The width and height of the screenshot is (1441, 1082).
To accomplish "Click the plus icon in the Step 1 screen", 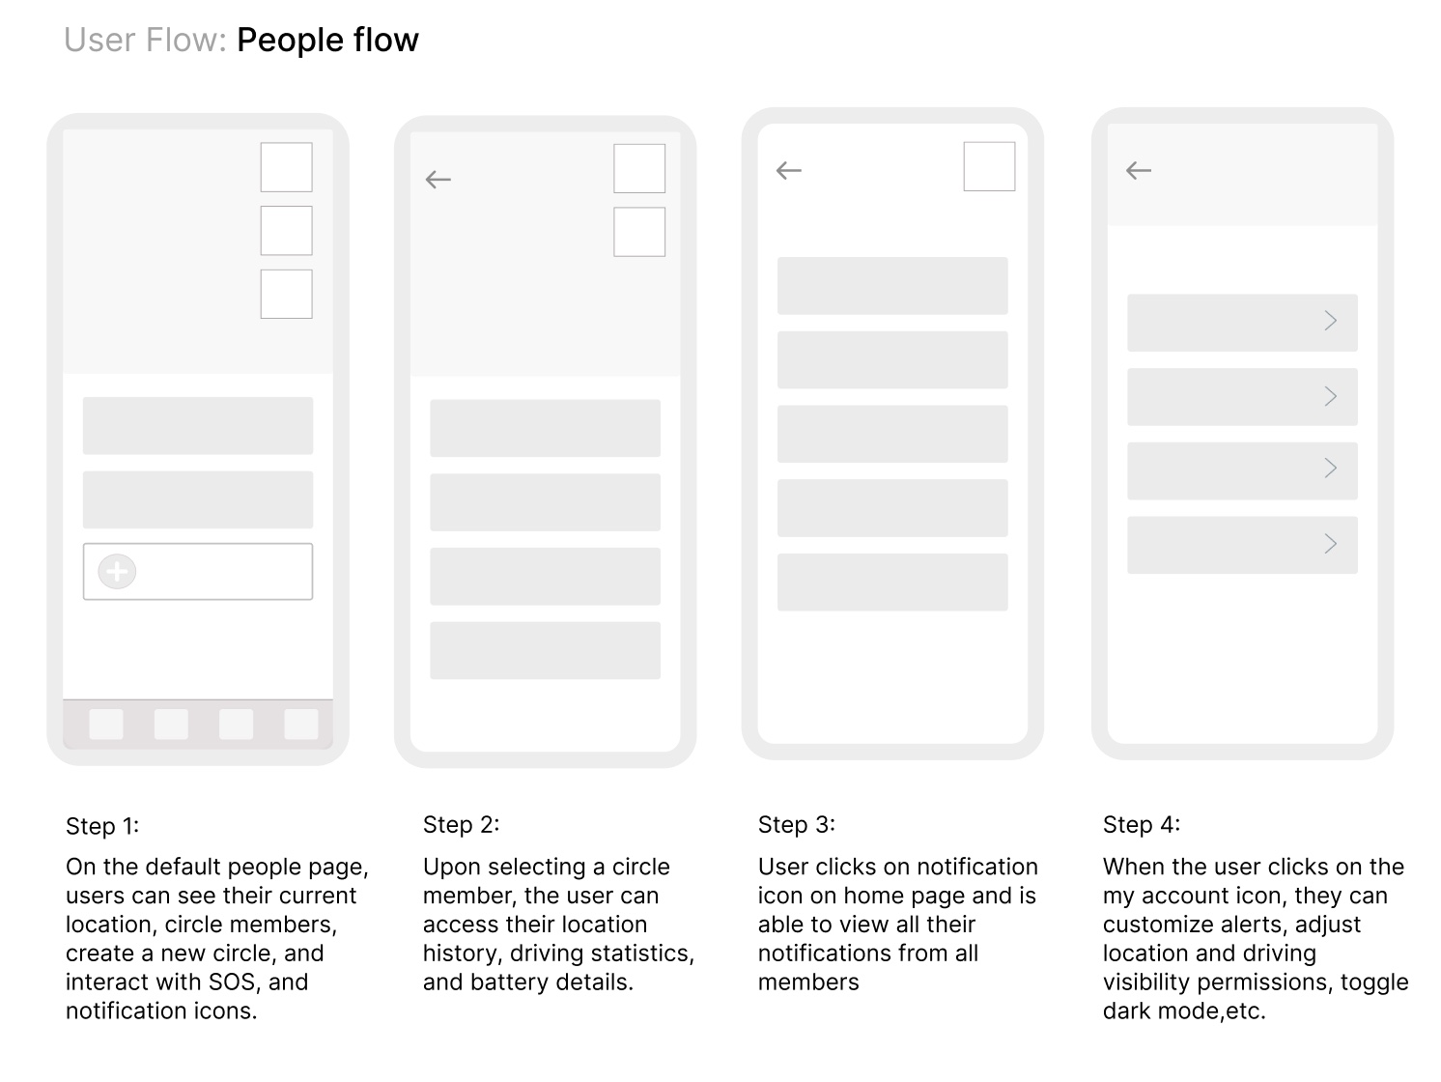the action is (x=117, y=572).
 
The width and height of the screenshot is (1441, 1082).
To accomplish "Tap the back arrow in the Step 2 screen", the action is (x=438, y=180).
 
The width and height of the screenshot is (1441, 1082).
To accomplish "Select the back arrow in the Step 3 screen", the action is (x=788, y=171).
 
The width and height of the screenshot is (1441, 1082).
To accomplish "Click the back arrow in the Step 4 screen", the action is (x=1139, y=171).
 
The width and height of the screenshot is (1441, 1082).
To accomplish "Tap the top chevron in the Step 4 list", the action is (x=1331, y=321).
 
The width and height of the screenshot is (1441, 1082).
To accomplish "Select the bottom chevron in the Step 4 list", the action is (x=1331, y=544).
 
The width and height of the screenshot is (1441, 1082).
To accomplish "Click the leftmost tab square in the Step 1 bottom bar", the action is (x=106, y=725).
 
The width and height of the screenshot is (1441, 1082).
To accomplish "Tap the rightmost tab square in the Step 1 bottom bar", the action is (x=301, y=725).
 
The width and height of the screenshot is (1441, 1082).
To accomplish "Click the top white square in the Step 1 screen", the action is (x=286, y=167).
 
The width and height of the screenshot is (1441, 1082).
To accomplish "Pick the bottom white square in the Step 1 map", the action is (x=286, y=294).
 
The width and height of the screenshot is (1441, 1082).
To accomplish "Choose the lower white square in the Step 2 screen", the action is (x=639, y=232).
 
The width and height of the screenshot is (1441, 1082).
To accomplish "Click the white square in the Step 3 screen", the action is (x=989, y=167).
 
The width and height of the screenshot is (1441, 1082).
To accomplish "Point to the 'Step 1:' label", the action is (x=102, y=826).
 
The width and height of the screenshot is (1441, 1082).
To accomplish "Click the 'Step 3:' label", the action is (x=797, y=825).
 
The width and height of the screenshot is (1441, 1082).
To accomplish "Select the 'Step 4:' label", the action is (x=1142, y=825).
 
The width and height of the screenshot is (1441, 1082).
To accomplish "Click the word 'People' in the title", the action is (x=290, y=41).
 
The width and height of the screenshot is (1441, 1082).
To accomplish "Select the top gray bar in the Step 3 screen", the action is (x=892, y=286).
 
